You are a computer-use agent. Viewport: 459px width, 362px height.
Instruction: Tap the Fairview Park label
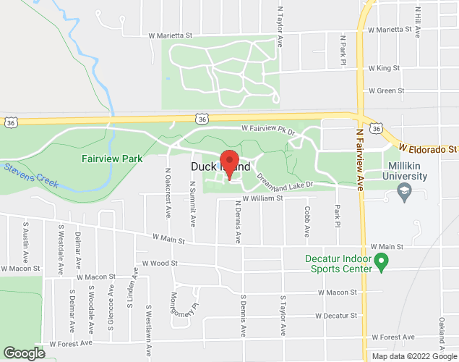111,158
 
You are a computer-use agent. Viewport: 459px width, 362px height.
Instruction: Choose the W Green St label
386,91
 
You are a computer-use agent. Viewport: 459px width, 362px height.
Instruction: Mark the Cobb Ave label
307,221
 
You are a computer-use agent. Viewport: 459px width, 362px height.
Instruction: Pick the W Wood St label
160,264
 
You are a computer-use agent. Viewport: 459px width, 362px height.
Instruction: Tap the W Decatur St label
336,316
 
